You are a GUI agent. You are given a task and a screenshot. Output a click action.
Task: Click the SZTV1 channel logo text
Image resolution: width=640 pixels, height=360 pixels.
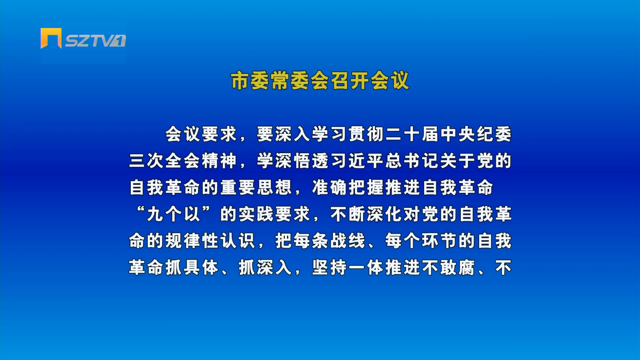tap(95, 41)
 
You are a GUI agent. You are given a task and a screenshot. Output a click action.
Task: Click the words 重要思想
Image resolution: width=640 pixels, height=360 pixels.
tap(256, 188)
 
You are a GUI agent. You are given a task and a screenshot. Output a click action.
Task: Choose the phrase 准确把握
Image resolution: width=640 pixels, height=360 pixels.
tap(348, 188)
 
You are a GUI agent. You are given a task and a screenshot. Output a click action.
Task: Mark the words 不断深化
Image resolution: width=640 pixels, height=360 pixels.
tap(366, 214)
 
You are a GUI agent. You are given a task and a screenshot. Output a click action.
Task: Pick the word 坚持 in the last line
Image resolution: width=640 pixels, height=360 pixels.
tap(330, 268)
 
